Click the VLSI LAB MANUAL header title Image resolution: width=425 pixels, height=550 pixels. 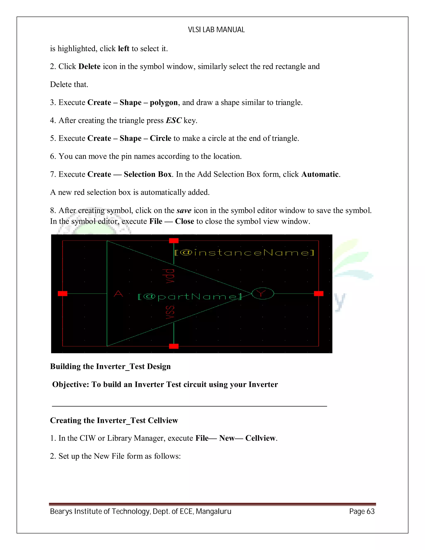pos(216,30)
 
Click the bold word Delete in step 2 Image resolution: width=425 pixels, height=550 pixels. pos(89,66)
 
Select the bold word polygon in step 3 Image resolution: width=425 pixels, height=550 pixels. pos(164,103)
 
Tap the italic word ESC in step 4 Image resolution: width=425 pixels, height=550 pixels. pos(173,120)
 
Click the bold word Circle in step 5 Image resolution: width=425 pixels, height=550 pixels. pos(160,138)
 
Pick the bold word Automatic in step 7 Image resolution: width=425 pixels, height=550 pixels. pos(320,174)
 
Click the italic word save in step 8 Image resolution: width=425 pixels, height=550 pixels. pos(184,210)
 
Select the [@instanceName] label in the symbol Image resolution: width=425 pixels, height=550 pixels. pos(244,253)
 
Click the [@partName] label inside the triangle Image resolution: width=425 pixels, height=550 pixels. pos(189,297)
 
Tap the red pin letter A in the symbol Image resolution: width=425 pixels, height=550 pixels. pos(118,294)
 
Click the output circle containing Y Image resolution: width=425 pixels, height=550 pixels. pos(263,293)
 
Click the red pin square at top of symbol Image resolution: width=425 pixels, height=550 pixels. pos(174,241)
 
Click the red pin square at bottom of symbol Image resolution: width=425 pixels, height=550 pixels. pos(174,346)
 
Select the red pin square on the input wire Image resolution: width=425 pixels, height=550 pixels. pos(62,294)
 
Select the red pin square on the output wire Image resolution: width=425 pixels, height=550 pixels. pos(319,294)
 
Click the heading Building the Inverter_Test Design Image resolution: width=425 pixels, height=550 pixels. pos(110,366)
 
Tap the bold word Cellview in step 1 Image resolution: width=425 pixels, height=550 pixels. pos(260,438)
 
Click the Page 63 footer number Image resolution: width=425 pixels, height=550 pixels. pos(362,511)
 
